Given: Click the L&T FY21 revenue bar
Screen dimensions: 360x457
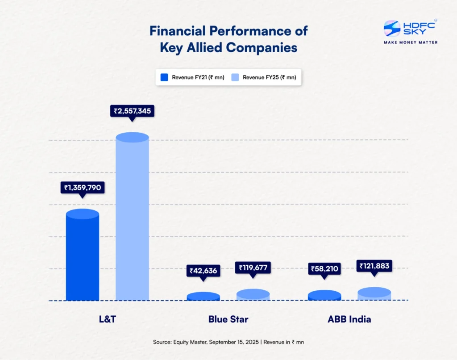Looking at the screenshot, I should [83, 257].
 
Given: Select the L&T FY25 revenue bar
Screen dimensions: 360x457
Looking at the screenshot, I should [132, 219].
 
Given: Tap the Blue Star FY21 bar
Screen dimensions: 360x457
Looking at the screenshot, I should [203, 297].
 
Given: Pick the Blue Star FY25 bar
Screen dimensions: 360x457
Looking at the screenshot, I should [253, 295].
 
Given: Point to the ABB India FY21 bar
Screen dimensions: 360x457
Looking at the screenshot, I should [324, 295].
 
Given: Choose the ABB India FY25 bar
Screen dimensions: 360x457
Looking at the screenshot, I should [374, 294].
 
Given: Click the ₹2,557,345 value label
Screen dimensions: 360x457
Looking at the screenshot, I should [132, 111].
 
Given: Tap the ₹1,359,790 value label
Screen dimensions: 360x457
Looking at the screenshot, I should [83, 188].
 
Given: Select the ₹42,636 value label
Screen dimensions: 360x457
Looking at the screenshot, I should [203, 270].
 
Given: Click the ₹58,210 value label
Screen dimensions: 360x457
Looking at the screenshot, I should [324, 269].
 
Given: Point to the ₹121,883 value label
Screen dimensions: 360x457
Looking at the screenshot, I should [374, 266].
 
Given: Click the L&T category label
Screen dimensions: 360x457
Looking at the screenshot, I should [107, 319].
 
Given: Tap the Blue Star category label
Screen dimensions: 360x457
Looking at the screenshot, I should [228, 319].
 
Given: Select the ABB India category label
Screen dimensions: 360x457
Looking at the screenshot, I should [349, 319].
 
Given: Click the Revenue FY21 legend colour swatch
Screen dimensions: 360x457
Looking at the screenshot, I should [164, 77].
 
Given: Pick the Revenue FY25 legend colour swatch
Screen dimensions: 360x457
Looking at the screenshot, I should [235, 77].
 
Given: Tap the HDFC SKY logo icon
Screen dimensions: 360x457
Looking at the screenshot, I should [392, 29].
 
